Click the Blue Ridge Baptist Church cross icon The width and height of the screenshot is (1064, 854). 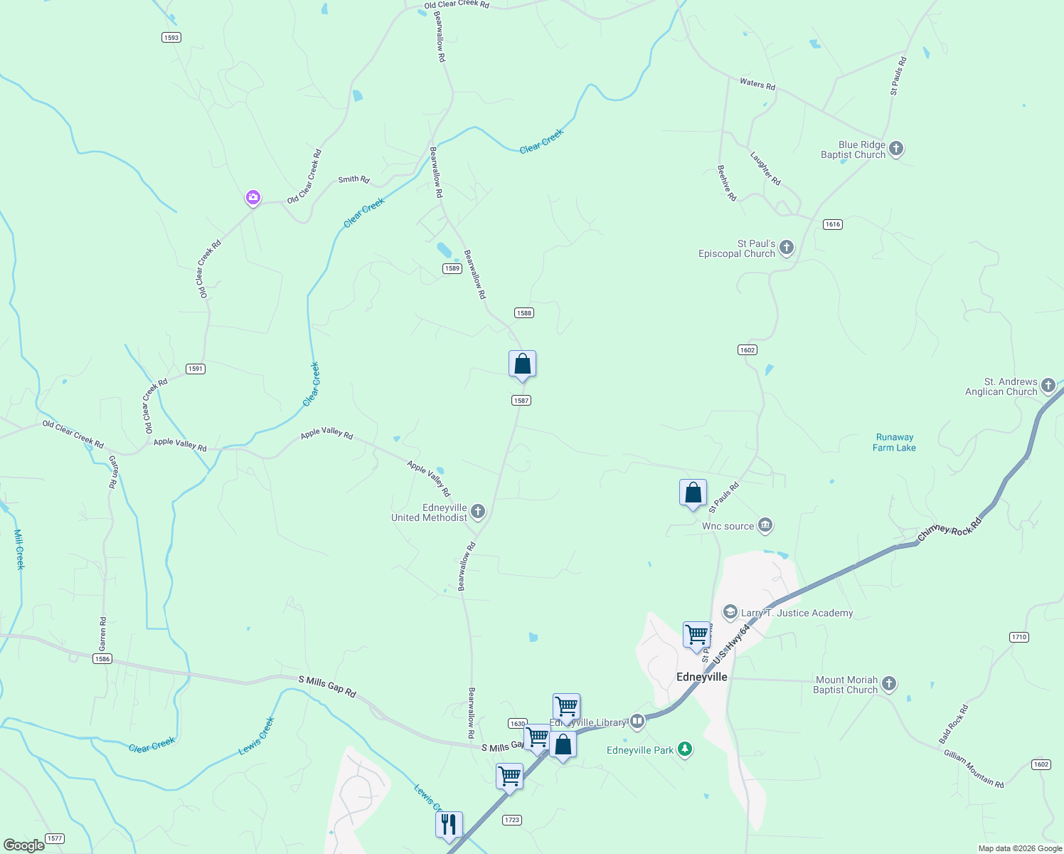[896, 149]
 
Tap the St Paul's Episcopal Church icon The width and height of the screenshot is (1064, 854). [786, 248]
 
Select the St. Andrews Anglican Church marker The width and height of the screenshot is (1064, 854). [1048, 386]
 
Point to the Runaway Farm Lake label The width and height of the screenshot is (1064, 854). [894, 443]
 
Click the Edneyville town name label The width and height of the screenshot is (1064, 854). [701, 677]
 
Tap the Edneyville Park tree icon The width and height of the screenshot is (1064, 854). [685, 749]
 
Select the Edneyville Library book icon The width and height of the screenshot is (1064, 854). [637, 722]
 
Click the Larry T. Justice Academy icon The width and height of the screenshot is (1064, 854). [730, 612]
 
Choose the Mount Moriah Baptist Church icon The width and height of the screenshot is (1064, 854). [888, 685]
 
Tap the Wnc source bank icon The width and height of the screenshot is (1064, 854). [765, 526]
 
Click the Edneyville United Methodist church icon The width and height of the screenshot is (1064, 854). [478, 512]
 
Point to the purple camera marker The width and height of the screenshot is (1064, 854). [252, 197]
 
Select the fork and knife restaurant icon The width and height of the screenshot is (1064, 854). [449, 824]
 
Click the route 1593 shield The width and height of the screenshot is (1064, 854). [171, 38]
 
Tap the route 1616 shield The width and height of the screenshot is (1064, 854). [833, 224]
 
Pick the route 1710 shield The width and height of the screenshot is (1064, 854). [1019, 637]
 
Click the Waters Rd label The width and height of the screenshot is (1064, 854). [757, 84]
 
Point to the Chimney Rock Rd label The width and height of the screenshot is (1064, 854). [949, 529]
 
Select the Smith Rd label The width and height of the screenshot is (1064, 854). [353, 179]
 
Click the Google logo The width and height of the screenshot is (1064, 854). [23, 845]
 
